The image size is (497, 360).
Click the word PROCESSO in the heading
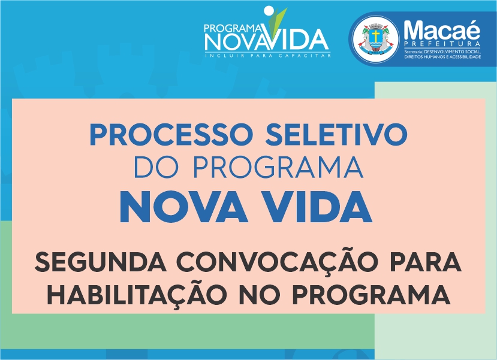click(171, 134)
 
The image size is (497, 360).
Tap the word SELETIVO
click(336, 134)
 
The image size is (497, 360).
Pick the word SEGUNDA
click(101, 262)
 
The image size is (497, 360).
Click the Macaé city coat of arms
click(376, 40)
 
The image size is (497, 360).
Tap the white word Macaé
click(442, 30)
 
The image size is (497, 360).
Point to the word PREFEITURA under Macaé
click(442, 44)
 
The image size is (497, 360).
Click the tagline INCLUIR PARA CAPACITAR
click(268, 56)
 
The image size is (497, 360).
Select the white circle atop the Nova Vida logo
click(268, 10)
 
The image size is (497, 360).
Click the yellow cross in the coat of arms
click(376, 36)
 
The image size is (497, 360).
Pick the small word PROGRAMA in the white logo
click(233, 29)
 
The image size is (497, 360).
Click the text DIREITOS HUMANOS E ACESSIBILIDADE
click(442, 57)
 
